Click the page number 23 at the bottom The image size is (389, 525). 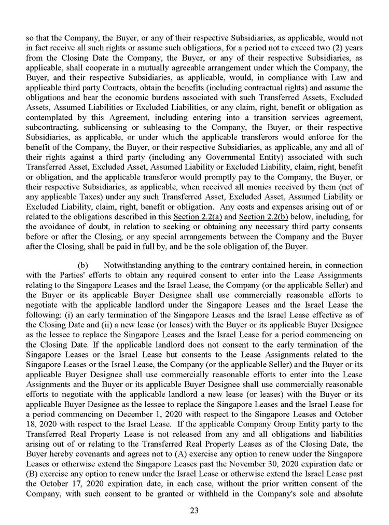195,510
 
